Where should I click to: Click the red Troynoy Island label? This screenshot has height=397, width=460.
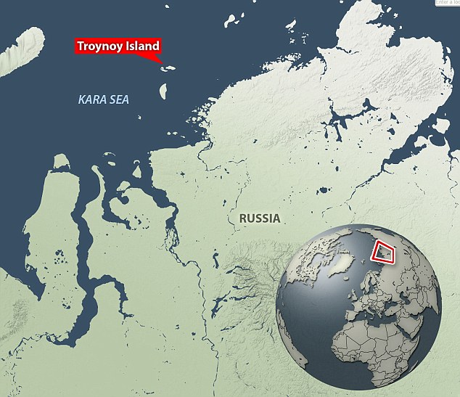pos(118,46)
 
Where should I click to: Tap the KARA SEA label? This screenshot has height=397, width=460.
pos(104,99)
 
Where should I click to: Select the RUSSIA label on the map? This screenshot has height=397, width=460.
pos(255,217)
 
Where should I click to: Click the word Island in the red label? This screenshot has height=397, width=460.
pos(140,46)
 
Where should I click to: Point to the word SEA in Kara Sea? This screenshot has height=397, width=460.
pos(118,99)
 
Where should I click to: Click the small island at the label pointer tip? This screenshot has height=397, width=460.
pos(168,69)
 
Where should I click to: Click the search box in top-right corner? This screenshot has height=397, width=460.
pos(447,4)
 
